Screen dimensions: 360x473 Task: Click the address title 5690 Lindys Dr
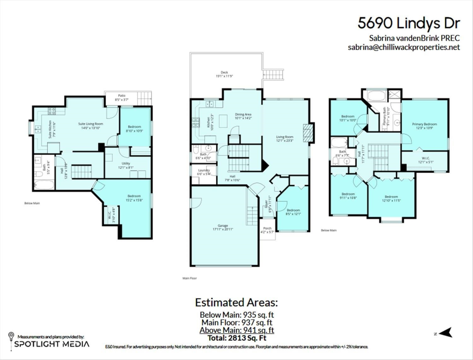409,23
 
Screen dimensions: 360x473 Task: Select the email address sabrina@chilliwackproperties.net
404,47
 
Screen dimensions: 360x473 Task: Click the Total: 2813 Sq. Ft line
237,338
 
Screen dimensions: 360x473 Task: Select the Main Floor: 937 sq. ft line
237,323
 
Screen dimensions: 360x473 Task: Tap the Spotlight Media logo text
52,344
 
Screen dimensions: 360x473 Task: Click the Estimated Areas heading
236,303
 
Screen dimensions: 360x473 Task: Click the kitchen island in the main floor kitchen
223,119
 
